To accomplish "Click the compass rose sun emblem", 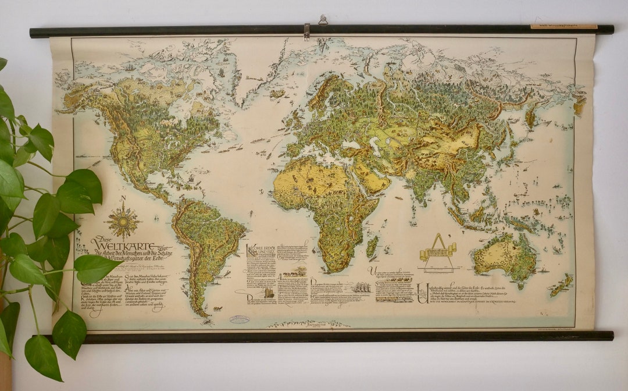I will point(123,222).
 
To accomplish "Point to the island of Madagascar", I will point(372,246).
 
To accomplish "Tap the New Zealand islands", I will point(561,285).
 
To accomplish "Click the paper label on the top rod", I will point(563,26).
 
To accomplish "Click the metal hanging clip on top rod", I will point(306,31).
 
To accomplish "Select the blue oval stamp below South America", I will point(239,319).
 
